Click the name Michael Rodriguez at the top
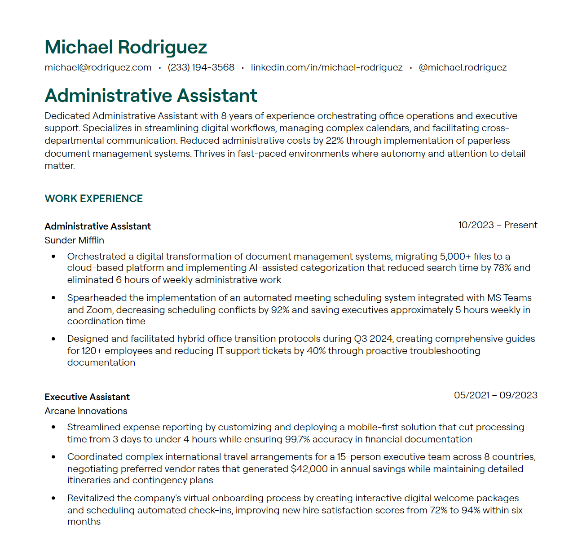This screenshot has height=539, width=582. point(126,47)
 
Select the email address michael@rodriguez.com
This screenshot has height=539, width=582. point(98,67)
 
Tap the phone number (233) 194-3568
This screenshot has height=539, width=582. point(201,67)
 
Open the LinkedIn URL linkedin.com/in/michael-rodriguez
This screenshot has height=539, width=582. point(326,67)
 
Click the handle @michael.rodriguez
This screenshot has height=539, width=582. point(463,67)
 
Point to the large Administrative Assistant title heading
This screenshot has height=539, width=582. point(151,96)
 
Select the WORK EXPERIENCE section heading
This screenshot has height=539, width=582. point(93,199)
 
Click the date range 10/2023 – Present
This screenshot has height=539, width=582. point(498,225)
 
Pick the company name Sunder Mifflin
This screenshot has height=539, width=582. point(74,240)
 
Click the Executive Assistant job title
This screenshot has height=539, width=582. point(87,397)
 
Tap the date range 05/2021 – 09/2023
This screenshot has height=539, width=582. point(495,395)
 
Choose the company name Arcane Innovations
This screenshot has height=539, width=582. point(86,411)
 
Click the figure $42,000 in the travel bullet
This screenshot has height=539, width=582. point(309,469)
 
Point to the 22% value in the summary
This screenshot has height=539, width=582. point(335,141)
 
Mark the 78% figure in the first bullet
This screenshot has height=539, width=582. point(502,268)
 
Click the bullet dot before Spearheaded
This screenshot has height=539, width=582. point(53,298)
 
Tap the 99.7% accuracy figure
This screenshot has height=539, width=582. point(297,439)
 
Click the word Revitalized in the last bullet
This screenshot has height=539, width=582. point(91,498)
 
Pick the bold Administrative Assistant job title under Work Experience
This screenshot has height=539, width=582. point(97,226)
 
